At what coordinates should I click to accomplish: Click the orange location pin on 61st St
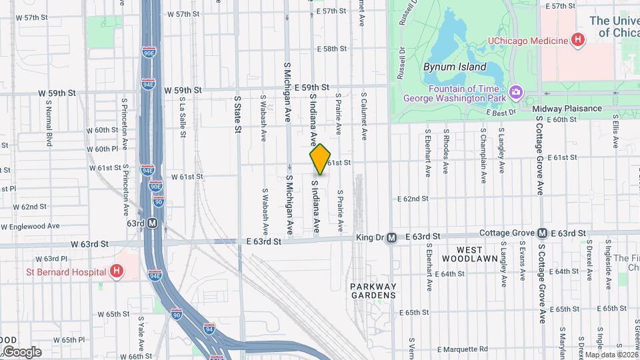pyautogui.click(x=320, y=159)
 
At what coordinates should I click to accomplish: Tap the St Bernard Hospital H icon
pyautogui.click(x=117, y=271)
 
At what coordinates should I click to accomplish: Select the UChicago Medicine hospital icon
pyautogui.click(x=577, y=40)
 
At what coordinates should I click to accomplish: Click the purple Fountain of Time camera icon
pyautogui.click(x=515, y=91)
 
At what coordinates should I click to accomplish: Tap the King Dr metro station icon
pyautogui.click(x=392, y=237)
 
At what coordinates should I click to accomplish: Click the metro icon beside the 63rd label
pyautogui.click(x=153, y=223)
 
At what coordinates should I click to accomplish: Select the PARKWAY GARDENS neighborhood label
pyautogui.click(x=373, y=290)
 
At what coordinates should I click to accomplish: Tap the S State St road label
pyautogui.click(x=237, y=114)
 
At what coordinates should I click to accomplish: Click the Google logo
pyautogui.click(x=22, y=351)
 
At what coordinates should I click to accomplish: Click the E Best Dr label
pyautogui.click(x=501, y=113)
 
